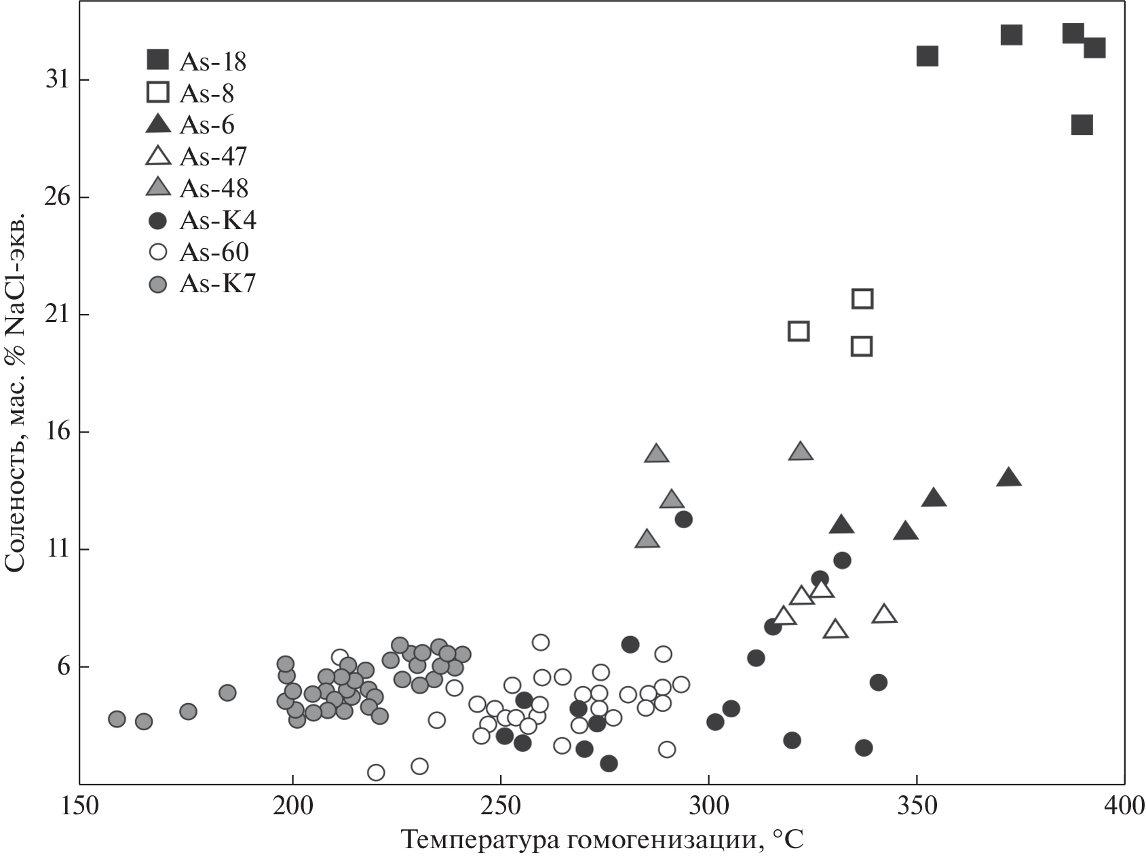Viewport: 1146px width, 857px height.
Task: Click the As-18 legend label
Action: point(212,62)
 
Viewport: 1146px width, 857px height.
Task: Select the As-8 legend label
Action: point(206,94)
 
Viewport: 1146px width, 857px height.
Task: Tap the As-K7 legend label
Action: point(217,284)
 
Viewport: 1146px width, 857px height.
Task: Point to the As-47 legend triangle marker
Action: point(158,156)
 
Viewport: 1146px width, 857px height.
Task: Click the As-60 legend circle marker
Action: point(158,252)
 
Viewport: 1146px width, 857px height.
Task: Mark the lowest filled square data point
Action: point(1082,125)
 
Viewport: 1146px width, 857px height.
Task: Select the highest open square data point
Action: point(862,298)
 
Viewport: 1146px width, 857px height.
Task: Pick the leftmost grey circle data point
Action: point(117,719)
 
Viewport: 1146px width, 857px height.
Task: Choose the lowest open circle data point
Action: point(375,772)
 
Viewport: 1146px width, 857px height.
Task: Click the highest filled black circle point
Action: point(683,519)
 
